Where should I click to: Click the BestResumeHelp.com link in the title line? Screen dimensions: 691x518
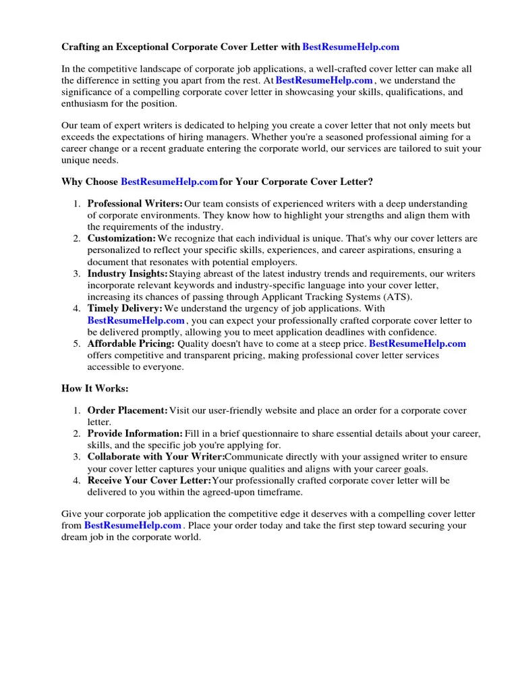(351, 47)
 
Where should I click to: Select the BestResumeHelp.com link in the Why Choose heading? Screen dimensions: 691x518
(169, 182)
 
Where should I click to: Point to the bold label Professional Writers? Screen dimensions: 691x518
(135, 204)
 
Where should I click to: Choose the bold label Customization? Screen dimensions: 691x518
(121, 239)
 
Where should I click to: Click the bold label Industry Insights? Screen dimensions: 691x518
(127, 274)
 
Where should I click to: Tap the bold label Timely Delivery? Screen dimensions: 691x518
(125, 309)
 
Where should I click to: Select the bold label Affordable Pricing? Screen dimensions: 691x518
(131, 343)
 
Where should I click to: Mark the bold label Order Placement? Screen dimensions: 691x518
(127, 410)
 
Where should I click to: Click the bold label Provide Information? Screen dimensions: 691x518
(135, 433)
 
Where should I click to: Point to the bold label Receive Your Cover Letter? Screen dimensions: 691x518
(149, 480)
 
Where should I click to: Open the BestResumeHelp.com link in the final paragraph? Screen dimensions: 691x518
(133, 526)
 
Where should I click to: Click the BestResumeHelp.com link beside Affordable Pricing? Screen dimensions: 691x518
(418, 343)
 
